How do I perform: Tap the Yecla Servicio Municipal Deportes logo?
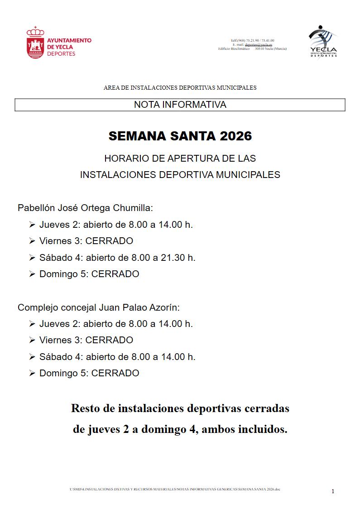click(x=323, y=41)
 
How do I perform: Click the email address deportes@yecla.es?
click(x=259, y=45)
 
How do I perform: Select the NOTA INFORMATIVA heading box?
click(x=180, y=105)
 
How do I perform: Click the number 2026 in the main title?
click(x=230, y=136)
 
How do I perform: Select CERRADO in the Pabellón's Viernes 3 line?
click(x=109, y=241)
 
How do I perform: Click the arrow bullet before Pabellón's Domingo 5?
click(x=32, y=274)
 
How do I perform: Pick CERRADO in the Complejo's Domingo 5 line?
click(x=115, y=374)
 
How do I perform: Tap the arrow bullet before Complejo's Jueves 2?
click(x=32, y=324)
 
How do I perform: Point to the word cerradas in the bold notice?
click(x=266, y=408)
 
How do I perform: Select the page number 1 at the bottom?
click(x=333, y=491)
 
